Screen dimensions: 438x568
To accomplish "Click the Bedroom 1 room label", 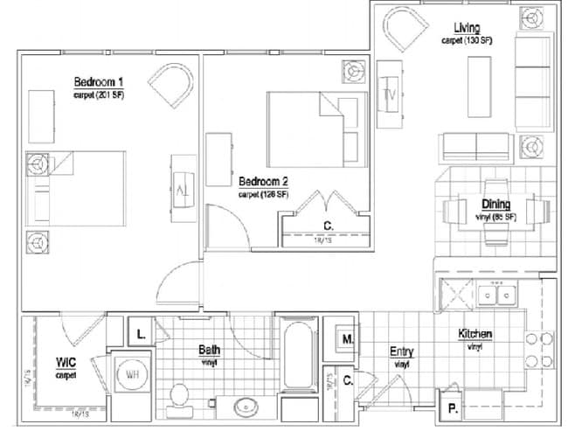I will [x=98, y=83].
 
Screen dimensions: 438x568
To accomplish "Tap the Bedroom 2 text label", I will [x=264, y=182].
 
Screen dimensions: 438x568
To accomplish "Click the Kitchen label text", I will [x=475, y=334].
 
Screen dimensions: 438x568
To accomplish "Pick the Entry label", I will [x=401, y=351].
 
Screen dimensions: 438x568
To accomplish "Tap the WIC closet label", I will [x=65, y=362].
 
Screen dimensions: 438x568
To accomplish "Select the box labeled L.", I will [x=141, y=333].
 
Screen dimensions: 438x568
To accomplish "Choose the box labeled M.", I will [x=347, y=337].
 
